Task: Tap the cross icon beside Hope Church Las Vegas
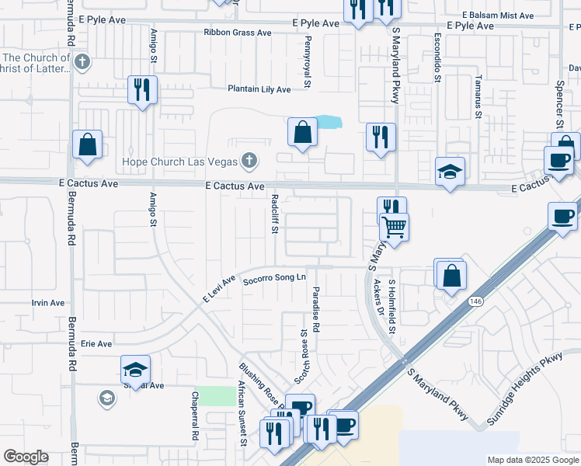[249, 162]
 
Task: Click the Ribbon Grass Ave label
[237, 33]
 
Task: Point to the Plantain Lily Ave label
[259, 89]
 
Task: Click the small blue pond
[329, 122]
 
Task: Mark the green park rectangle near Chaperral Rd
[215, 395]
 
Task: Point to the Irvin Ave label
[45, 303]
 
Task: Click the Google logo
[26, 457]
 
